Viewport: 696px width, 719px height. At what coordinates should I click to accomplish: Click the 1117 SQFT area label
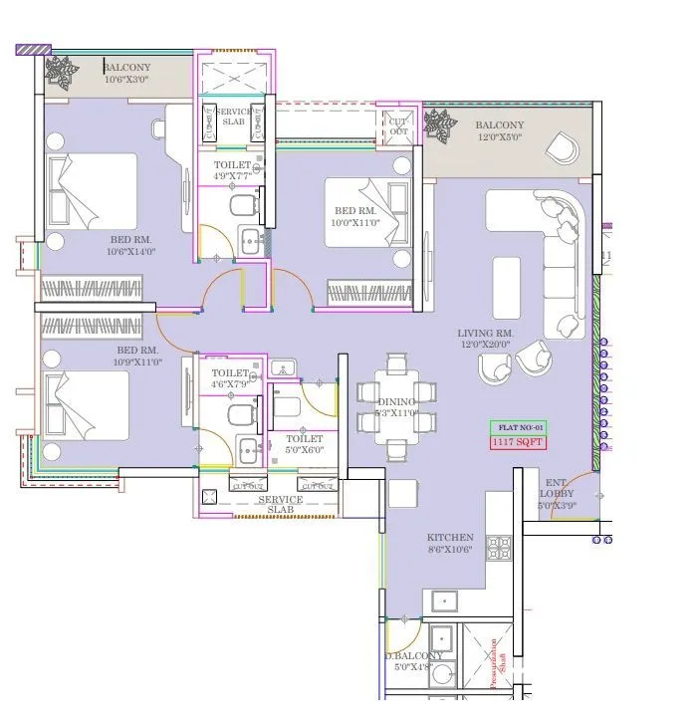(519, 442)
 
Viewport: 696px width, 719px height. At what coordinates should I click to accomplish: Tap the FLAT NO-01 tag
(519, 427)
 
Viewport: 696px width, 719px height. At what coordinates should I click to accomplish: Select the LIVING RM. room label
(485, 339)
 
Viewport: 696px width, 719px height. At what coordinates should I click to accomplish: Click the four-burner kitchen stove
(498, 547)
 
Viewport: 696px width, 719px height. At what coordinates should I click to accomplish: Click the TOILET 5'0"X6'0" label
(304, 444)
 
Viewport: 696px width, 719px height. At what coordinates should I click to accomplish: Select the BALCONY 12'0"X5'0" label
(499, 131)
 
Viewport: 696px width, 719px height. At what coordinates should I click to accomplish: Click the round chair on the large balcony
(561, 148)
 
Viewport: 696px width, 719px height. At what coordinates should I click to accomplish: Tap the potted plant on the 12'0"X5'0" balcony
(437, 126)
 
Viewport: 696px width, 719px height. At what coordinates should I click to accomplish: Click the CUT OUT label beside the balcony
(398, 126)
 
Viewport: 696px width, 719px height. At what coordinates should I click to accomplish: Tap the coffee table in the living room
(506, 275)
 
